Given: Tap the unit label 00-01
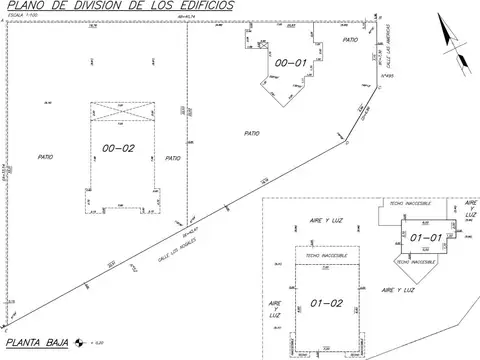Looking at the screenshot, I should click(x=290, y=63).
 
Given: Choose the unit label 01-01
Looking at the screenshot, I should click(x=426, y=237).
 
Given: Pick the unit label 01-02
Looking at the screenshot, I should click(x=327, y=302).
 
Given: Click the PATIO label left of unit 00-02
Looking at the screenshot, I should click(x=45, y=157).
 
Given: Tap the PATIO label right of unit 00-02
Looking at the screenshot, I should click(x=173, y=157).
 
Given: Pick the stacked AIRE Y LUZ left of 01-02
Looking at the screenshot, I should click(x=275, y=307).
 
